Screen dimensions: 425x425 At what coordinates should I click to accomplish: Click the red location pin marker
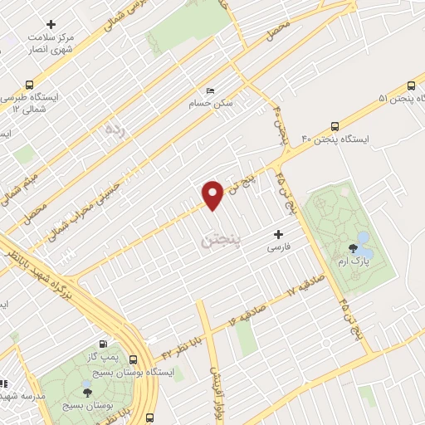click(213, 194)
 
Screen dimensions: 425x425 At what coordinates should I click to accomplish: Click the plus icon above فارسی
click(278, 235)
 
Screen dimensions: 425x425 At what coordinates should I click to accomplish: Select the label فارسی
click(278, 248)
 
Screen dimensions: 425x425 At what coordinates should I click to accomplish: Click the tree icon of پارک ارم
click(354, 247)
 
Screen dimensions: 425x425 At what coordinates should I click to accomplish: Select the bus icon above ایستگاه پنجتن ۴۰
click(335, 127)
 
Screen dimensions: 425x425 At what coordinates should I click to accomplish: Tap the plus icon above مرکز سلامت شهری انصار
click(51, 24)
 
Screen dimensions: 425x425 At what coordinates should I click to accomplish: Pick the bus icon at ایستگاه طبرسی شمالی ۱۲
click(30, 85)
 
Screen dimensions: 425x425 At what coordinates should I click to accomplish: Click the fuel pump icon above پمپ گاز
click(102, 343)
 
